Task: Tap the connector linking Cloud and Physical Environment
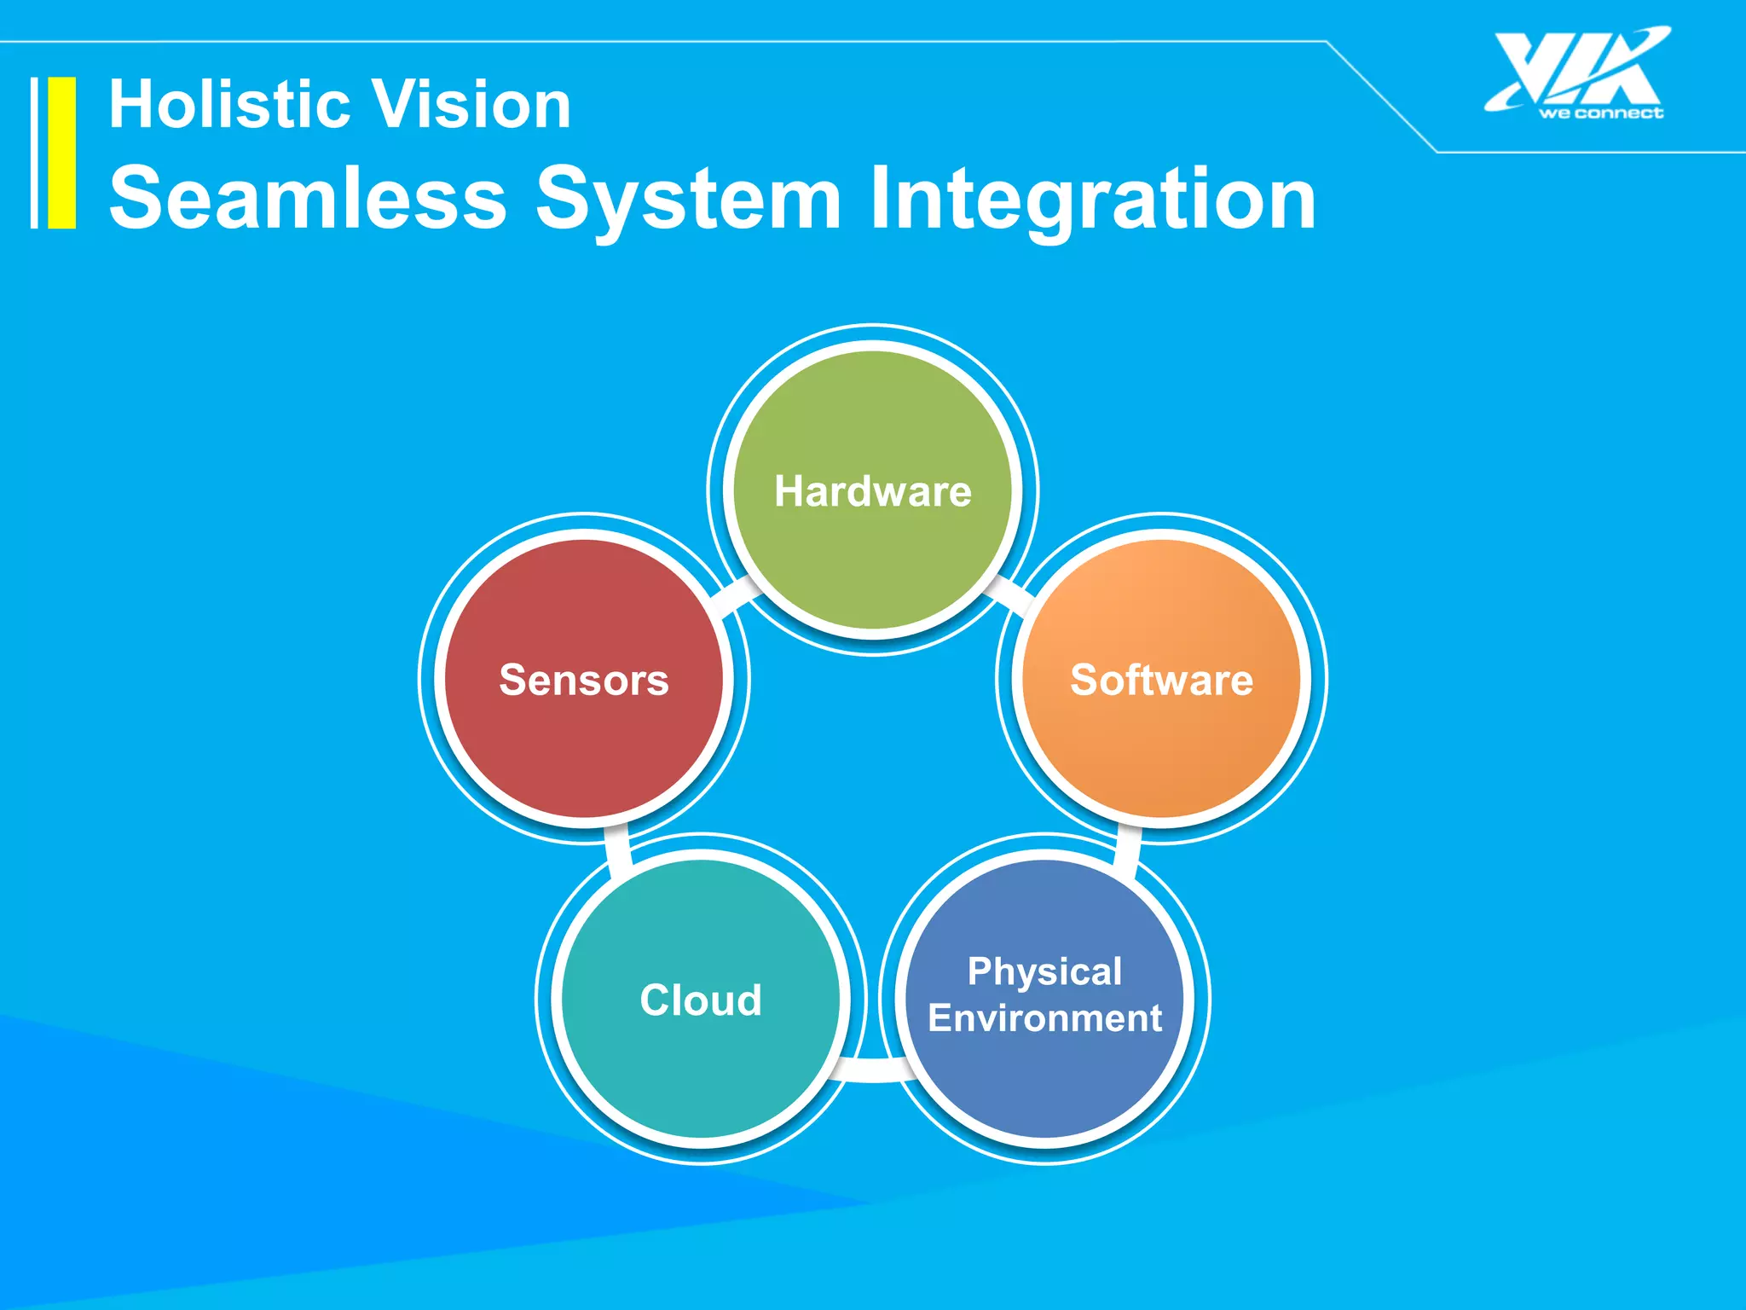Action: (x=873, y=1069)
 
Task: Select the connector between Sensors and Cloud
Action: (x=616, y=849)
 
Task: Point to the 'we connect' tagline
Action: (x=1600, y=113)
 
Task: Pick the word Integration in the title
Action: (x=1092, y=199)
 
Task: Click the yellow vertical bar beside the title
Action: (x=61, y=153)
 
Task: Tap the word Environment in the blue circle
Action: (x=1045, y=1018)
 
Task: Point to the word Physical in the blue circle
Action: (x=1045, y=971)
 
